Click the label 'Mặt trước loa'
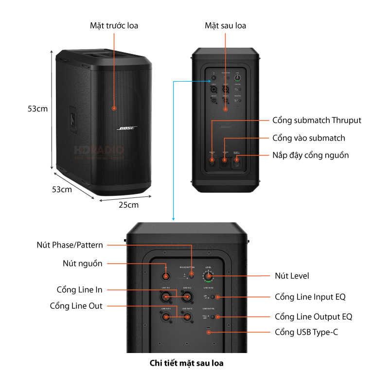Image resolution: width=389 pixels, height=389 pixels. (114, 25)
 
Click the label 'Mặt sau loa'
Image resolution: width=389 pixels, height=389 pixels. (226, 25)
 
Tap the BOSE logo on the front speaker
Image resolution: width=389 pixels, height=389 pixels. (127, 128)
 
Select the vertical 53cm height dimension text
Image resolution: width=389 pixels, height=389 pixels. (37, 109)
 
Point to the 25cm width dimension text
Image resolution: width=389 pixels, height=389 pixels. (129, 205)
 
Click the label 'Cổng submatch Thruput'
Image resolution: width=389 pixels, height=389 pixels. (317, 120)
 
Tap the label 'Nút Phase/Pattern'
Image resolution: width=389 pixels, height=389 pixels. (70, 245)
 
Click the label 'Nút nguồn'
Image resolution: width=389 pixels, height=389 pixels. (83, 264)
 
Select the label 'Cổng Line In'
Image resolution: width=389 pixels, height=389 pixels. (80, 290)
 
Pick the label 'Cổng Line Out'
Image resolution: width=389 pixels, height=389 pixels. (76, 306)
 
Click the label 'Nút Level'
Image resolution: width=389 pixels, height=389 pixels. (292, 276)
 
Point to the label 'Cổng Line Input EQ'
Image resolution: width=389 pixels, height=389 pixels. (310, 297)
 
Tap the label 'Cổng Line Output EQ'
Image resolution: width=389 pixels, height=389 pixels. (313, 317)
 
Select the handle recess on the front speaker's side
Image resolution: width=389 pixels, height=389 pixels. (72, 119)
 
